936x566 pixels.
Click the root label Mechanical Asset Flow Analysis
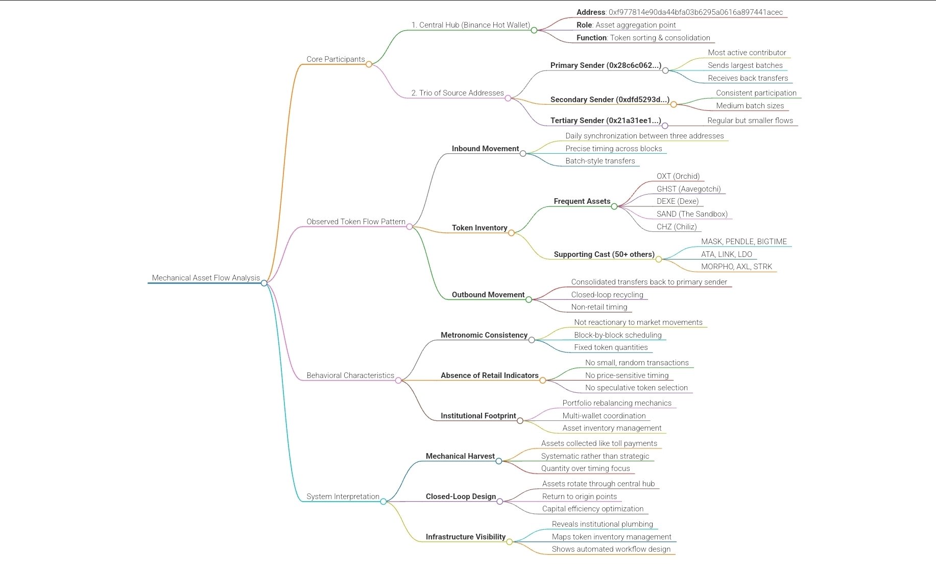206,278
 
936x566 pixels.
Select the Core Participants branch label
335,59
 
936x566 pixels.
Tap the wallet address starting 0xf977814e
695,12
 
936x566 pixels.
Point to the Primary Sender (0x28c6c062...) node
606,65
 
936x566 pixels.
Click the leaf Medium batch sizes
750,106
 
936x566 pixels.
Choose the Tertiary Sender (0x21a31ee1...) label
606,121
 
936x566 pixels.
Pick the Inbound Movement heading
485,149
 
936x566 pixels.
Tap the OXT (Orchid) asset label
678,176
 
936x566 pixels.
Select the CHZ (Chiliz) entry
677,227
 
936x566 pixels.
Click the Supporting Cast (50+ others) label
604,254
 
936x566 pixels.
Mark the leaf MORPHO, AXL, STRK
736,267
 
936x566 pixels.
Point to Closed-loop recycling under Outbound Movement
607,295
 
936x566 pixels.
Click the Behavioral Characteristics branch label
350,375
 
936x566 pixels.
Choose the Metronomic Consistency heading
484,335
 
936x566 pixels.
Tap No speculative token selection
636,388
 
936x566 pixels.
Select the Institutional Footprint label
478,416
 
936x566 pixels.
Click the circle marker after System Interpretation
383,502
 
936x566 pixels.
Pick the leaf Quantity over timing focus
585,468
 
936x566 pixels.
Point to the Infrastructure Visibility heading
466,537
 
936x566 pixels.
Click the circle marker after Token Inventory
511,233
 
